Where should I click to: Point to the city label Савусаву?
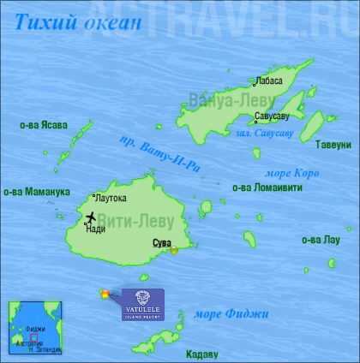273,115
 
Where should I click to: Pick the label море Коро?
293,173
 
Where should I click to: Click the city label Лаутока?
111,198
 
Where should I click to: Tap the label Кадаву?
201,354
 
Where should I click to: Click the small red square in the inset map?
33,336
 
